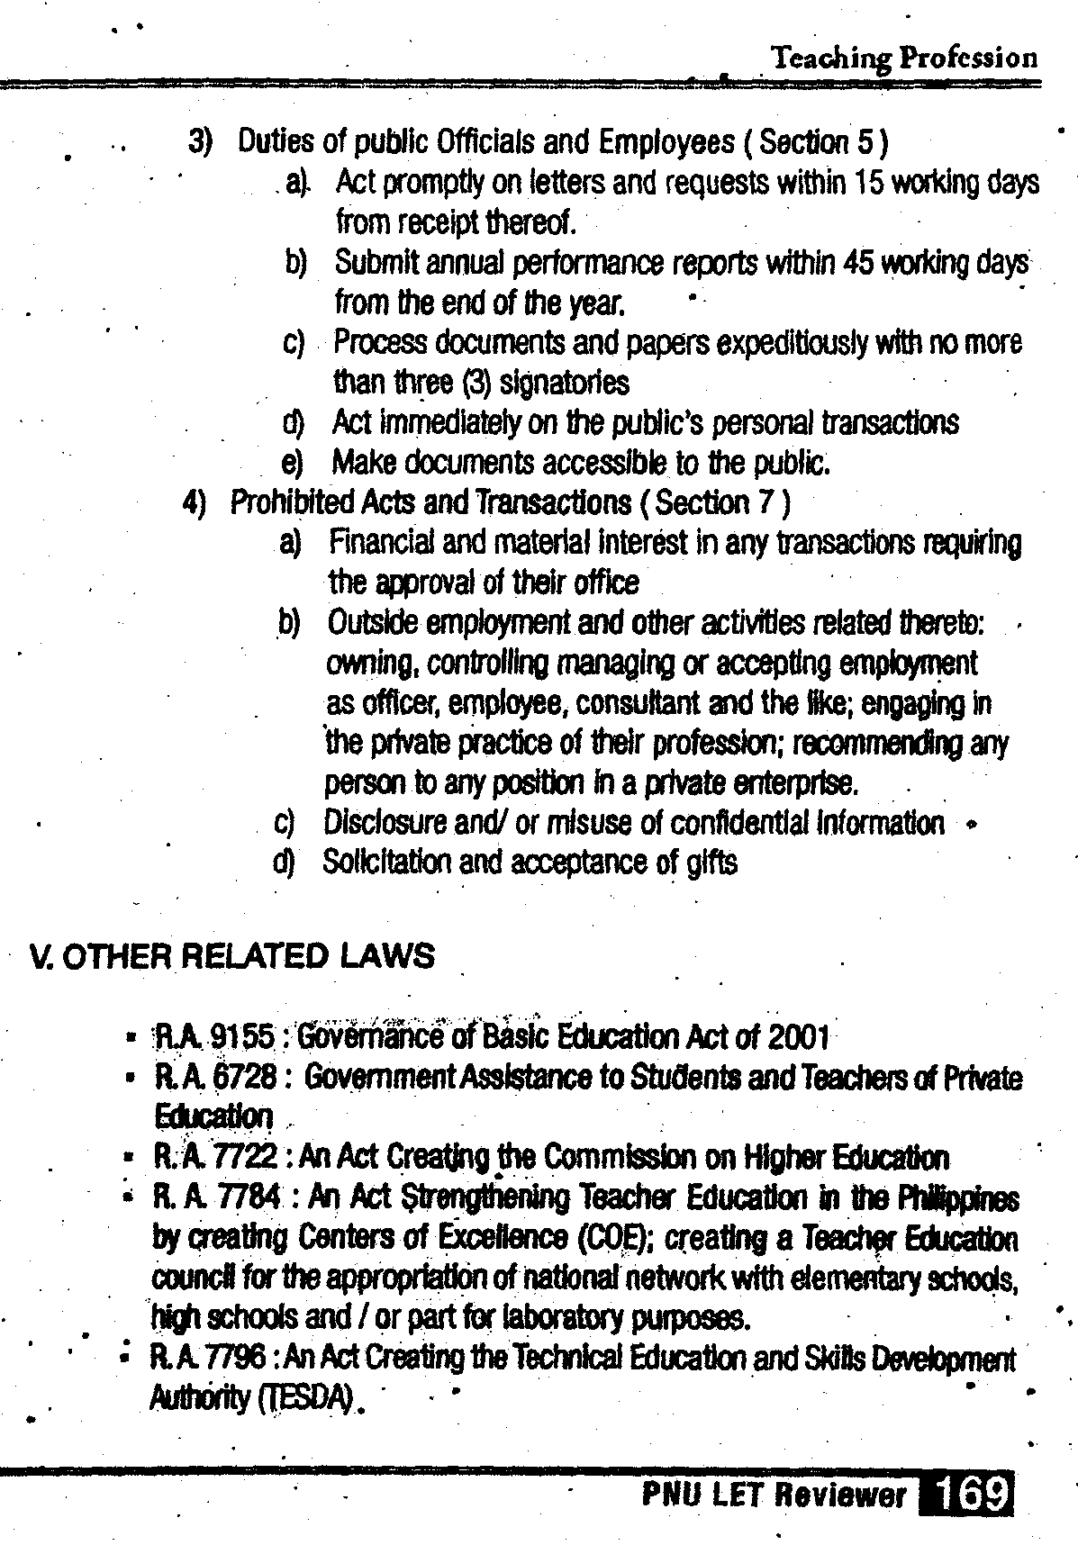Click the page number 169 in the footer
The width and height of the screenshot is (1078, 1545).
tap(967, 1495)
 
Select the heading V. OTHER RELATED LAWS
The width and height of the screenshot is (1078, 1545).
tap(231, 955)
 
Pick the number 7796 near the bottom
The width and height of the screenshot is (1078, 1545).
tap(240, 1358)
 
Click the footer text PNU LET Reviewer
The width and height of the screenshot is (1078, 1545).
tap(774, 1495)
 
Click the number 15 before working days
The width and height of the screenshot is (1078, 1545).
tap(872, 183)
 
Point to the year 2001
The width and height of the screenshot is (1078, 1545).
tap(797, 1038)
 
